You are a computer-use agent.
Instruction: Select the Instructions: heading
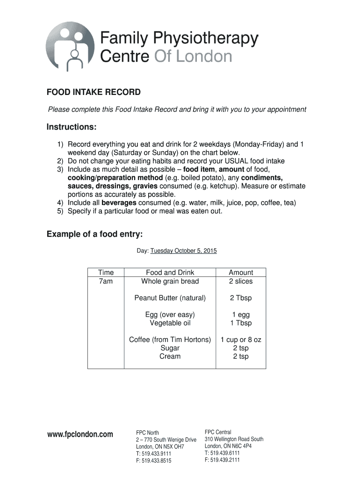pos(72,128)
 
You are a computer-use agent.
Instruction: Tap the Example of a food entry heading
pos(98,234)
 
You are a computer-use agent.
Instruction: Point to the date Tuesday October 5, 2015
pos(183,251)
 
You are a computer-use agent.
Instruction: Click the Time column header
pos(106,272)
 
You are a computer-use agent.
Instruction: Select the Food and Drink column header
pos(170,272)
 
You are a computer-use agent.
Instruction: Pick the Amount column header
pos(241,272)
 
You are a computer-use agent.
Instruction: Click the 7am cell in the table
pos(106,281)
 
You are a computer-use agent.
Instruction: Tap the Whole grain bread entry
pos(170,281)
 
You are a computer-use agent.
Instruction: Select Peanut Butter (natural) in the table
pos(170,298)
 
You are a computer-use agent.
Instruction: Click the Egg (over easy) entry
pos(170,314)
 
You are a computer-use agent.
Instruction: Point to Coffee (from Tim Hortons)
pos(170,340)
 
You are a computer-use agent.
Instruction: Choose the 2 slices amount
pos(241,281)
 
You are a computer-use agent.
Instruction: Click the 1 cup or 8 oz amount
pos(241,340)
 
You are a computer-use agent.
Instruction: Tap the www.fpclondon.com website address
pos(80,435)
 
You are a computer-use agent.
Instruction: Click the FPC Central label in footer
pos(218,432)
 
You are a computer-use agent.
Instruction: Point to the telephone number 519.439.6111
pos(225,453)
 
